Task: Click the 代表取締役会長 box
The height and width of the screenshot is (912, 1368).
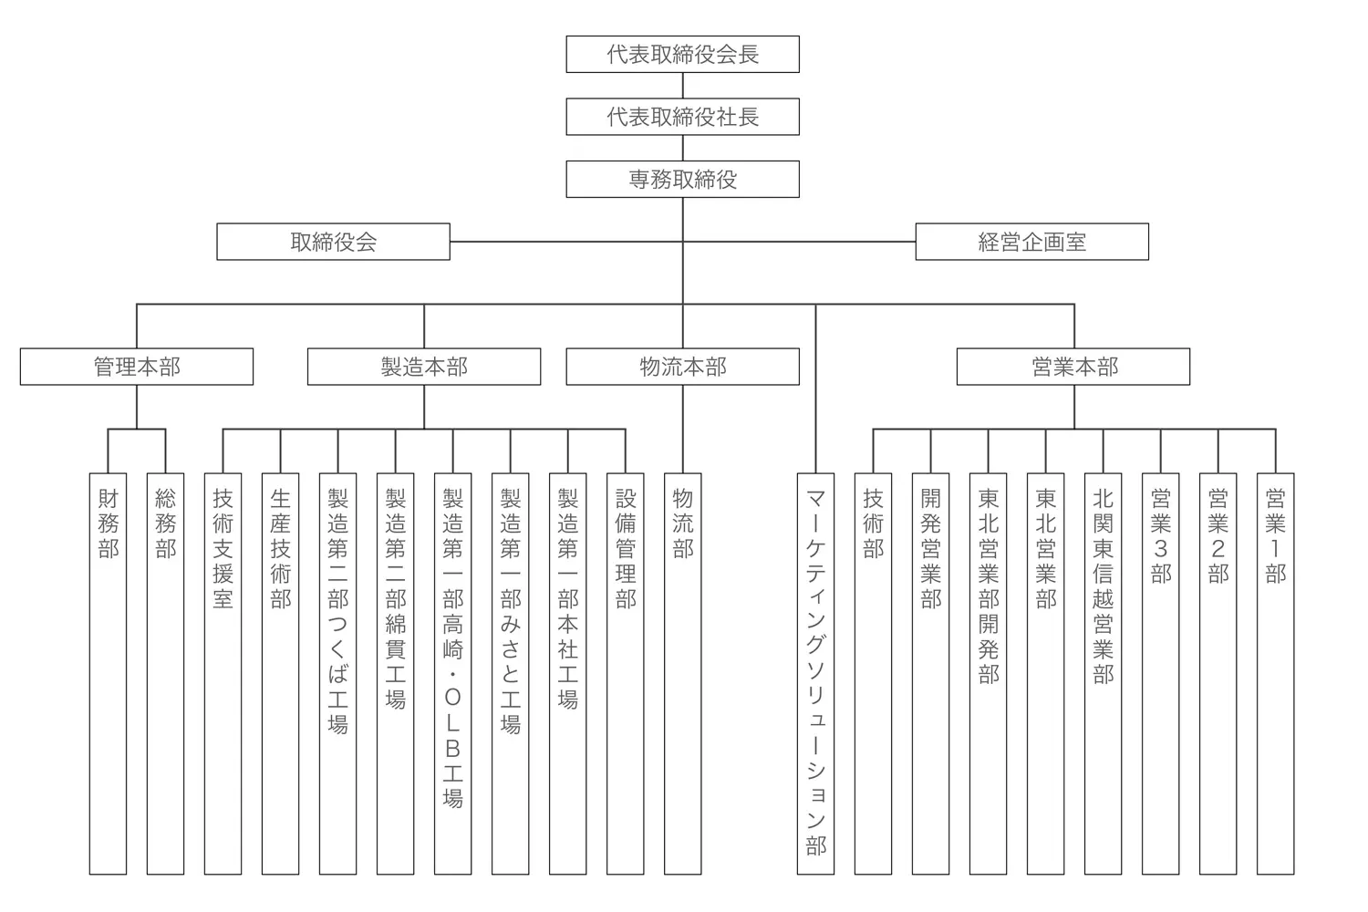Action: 682,55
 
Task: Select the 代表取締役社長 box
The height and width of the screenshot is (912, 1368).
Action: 682,117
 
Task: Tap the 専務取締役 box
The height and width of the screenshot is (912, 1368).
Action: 682,180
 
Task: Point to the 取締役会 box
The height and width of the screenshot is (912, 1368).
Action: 333,242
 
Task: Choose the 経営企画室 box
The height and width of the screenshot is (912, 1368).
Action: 1031,242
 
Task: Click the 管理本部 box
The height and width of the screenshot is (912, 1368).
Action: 137,367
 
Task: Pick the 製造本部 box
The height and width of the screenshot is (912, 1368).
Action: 424,367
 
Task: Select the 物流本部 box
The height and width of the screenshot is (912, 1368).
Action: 682,367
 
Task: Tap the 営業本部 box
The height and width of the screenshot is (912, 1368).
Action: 1073,367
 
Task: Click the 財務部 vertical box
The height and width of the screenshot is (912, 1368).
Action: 108,673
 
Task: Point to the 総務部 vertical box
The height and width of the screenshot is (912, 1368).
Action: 165,673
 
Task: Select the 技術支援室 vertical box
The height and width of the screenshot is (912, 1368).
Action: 223,673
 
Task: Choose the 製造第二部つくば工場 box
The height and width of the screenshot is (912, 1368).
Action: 337,673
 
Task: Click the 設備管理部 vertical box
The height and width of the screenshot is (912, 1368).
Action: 626,673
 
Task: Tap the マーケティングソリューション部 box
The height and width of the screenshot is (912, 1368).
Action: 815,673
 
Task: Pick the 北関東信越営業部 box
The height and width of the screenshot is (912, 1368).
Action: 1103,673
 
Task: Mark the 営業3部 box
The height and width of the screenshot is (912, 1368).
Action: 1160,673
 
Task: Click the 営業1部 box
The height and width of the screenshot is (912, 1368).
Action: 1275,673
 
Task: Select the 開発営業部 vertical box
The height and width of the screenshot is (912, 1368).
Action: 930,673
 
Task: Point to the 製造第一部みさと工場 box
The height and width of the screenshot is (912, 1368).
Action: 510,673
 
